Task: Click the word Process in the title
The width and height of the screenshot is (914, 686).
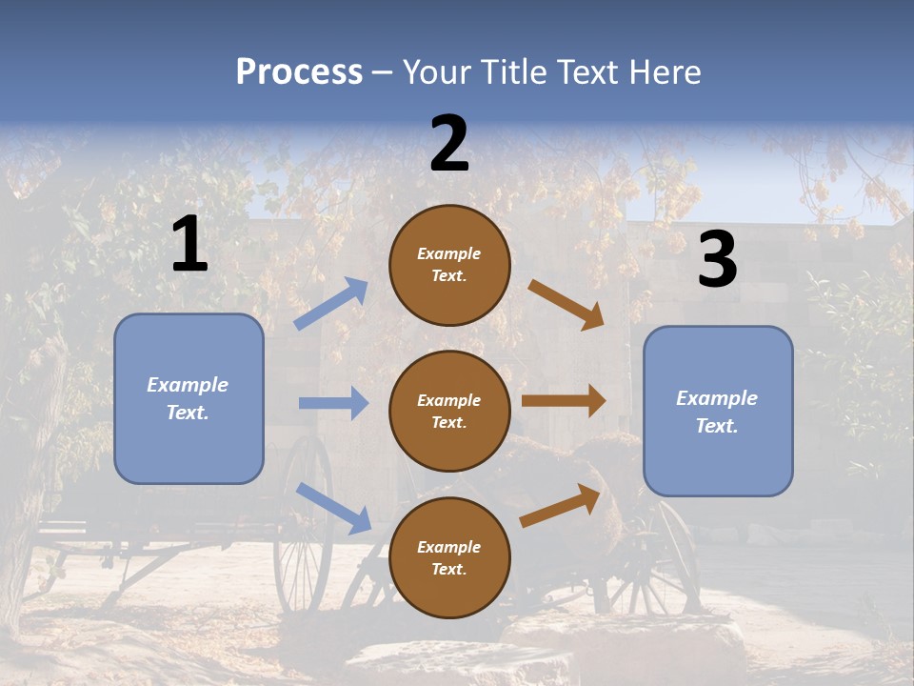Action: pos(299,72)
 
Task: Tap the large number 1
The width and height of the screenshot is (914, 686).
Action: pos(189,244)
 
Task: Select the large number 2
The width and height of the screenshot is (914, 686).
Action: pos(449,144)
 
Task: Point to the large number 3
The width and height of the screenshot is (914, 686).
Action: pos(717,260)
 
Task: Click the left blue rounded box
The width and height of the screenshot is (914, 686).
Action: pos(189,398)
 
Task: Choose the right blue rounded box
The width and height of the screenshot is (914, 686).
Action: pos(718,411)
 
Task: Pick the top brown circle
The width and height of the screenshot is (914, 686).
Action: pos(449,265)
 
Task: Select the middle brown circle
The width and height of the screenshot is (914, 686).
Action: pos(449,411)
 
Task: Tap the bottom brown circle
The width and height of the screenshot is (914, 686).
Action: pos(449,557)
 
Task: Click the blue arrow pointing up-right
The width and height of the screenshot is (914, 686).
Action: pos(330,304)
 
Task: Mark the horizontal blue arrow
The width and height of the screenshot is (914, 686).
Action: pos(332,403)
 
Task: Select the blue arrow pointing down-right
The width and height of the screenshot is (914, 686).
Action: pos(333,508)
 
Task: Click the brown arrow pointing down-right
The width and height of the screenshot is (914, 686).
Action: pos(566,304)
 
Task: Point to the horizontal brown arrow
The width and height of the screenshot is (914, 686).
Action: pos(563,401)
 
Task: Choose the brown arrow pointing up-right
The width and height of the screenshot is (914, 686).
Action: pos(560,506)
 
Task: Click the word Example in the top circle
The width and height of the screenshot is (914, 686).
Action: pos(449,254)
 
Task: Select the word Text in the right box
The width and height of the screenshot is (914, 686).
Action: pos(716,426)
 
